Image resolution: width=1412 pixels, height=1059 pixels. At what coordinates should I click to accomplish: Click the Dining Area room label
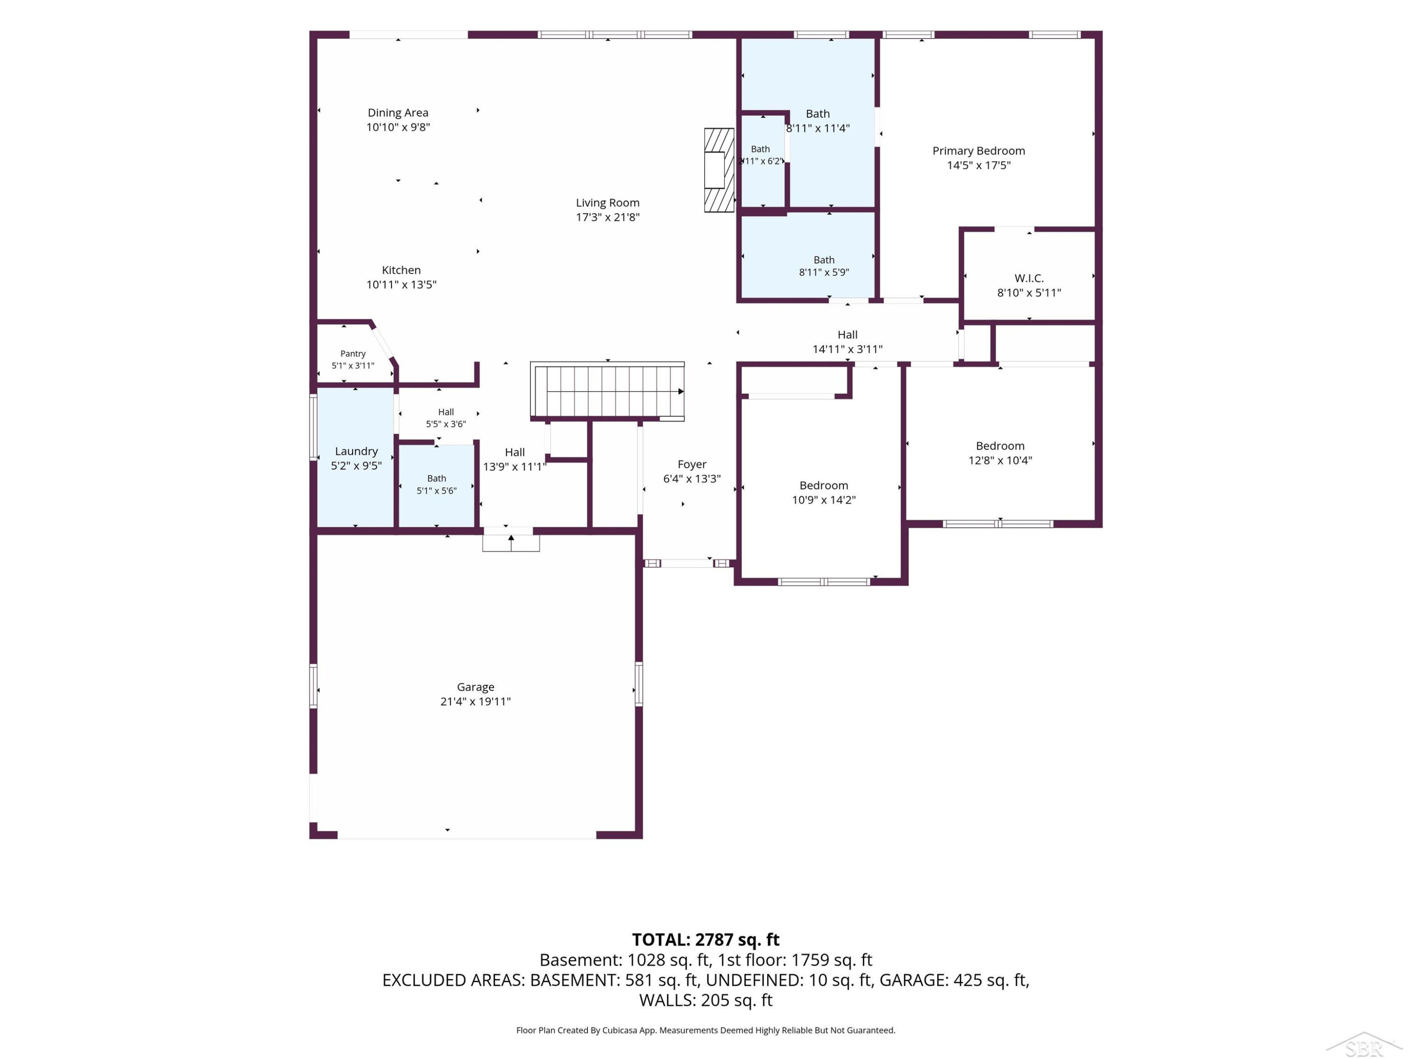pos(398,113)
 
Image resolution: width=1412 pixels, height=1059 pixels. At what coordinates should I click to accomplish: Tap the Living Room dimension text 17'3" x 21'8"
pos(608,217)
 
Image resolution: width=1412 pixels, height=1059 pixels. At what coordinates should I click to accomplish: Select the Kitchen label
pos(401,270)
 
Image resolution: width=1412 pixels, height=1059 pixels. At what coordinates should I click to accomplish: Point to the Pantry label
pos(353,353)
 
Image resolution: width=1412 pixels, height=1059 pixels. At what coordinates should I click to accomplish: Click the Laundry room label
pos(356,451)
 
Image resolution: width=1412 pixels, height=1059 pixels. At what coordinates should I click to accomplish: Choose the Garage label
pos(475,687)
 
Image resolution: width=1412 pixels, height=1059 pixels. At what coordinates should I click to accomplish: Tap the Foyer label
pos(692,465)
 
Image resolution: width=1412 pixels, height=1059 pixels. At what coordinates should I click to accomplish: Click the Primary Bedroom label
pos(979,151)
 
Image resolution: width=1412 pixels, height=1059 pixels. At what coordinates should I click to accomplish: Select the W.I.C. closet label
pos(1029,278)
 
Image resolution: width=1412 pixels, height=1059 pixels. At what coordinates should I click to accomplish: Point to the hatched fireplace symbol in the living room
pos(719,170)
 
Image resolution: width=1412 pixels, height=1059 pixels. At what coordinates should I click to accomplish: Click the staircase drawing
pos(608,391)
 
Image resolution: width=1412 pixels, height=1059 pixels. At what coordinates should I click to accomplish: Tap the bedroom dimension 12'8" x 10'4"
pos(1000,460)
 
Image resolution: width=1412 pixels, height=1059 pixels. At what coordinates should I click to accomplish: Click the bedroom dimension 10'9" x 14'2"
pos(824,500)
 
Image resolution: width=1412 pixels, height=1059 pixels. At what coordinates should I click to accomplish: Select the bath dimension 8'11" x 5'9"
pos(824,273)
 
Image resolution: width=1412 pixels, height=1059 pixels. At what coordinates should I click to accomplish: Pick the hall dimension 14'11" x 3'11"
pos(847,349)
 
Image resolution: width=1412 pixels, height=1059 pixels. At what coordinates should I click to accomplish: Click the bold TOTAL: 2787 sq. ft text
pos(706,939)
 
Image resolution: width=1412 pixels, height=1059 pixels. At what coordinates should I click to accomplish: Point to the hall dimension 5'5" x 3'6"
pos(446,424)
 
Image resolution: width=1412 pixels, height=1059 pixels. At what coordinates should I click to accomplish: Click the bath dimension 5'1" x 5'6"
pos(437,491)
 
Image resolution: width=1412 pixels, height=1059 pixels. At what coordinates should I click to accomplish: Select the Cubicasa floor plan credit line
pos(706,1030)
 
